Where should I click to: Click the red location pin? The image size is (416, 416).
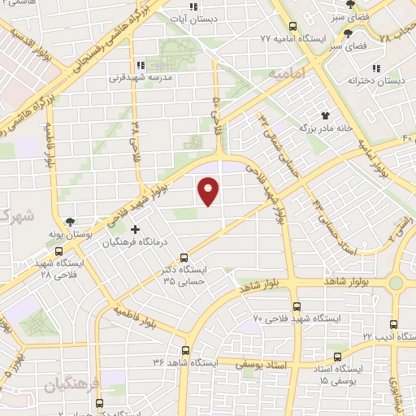pos(209,190)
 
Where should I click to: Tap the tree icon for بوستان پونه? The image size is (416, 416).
pos(71,221)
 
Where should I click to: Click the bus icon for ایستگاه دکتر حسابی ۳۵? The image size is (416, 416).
pos(184,258)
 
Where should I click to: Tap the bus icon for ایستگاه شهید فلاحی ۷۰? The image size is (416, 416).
pos(297,307)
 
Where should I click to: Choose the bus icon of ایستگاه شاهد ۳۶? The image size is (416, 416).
pos(187,351)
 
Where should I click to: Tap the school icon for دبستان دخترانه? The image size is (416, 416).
pos(375,68)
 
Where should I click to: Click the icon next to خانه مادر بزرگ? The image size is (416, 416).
pos(325,117)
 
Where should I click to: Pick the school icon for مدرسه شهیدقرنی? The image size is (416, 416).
pos(140,65)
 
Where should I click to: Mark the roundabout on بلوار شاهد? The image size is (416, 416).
pos(395,283)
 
